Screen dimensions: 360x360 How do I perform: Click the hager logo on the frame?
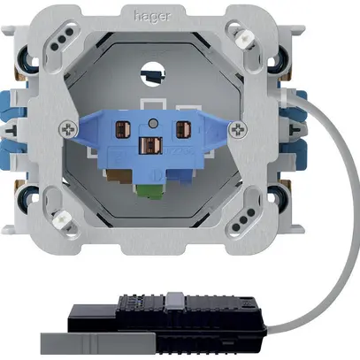152,16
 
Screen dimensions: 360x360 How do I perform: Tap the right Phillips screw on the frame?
238,129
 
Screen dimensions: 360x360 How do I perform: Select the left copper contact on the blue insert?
121,128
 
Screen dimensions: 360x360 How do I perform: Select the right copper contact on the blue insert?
182,129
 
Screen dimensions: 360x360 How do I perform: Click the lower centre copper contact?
150,146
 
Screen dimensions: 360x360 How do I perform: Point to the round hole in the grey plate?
154,73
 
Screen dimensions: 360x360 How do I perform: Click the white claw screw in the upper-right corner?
244,38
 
